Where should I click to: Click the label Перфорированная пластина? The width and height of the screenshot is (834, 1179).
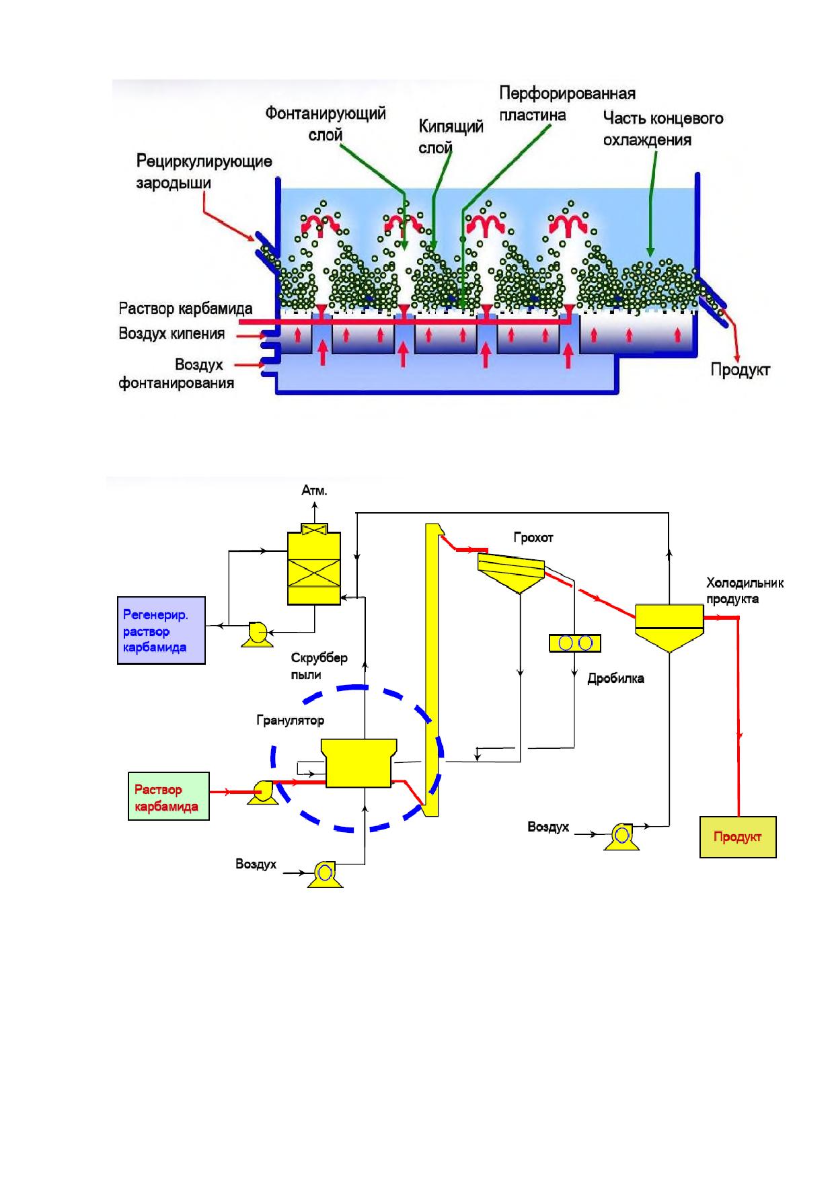coord(567,104)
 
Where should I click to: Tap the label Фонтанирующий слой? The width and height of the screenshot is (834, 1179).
coord(326,124)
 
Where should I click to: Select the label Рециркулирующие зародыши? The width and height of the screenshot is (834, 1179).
coord(204,172)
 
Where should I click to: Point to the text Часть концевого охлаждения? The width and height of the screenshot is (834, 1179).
coord(662,129)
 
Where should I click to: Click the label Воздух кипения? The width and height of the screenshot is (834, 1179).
coord(172,333)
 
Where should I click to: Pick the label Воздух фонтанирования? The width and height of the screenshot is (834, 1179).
coord(176,374)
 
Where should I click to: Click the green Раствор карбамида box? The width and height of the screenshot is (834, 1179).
coord(168,796)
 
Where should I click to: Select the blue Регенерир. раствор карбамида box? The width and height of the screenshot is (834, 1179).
coord(161,631)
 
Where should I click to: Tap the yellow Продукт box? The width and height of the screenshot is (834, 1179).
coord(738,837)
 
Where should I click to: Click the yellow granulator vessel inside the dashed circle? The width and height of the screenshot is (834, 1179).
coord(358,763)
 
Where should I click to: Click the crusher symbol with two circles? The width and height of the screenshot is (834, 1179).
coord(575,643)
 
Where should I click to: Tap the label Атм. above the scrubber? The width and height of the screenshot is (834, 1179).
coord(314,491)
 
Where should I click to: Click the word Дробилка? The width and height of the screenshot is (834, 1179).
coord(615,678)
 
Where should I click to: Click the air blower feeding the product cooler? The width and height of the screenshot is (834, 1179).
coord(621,836)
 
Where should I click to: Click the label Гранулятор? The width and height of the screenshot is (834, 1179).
coord(290,721)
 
